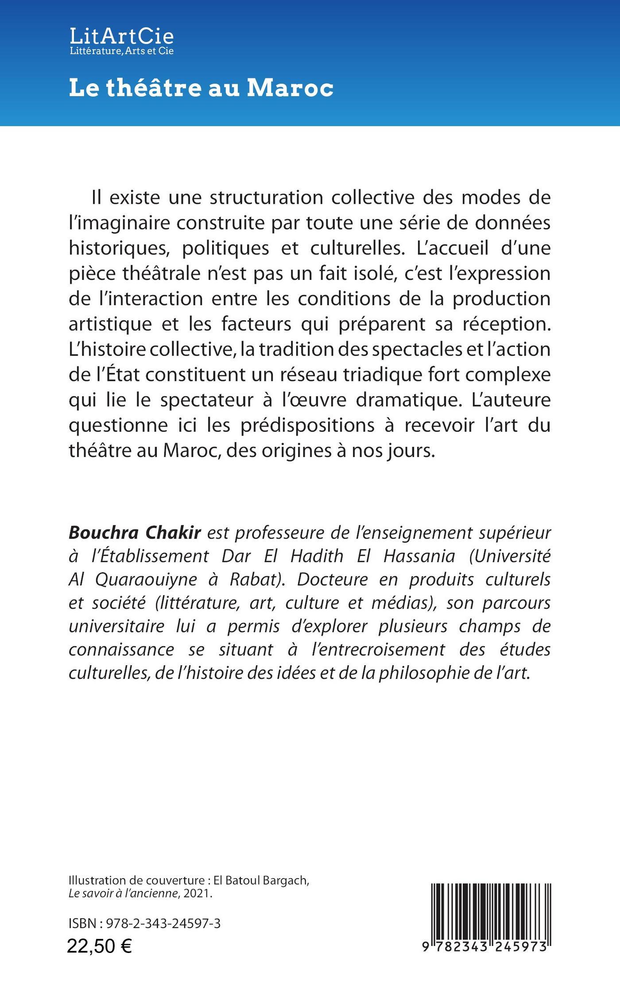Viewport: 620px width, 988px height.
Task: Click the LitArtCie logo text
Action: click(x=121, y=35)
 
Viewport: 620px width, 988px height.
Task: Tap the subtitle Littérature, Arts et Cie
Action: click(x=121, y=51)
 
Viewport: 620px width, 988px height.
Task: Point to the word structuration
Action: click(x=267, y=197)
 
